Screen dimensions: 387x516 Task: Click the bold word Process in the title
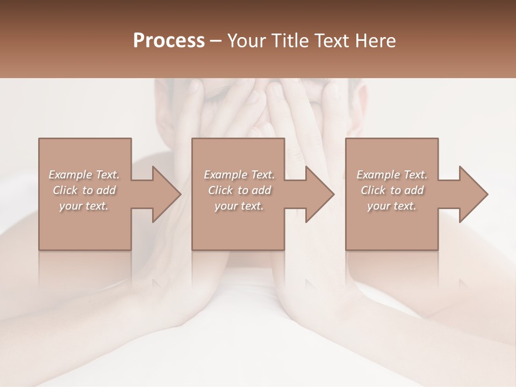point(169,41)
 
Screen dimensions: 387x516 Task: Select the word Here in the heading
point(374,41)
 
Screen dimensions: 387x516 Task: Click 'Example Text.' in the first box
point(84,175)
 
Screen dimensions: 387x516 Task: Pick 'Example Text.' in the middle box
point(239,175)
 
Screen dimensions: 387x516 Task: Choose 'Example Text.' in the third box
point(392,175)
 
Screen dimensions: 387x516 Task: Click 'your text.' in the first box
point(84,206)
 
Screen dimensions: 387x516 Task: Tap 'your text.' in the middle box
point(239,206)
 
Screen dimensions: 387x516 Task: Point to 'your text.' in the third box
point(392,206)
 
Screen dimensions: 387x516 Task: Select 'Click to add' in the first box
point(84,190)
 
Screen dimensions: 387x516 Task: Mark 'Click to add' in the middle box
point(239,190)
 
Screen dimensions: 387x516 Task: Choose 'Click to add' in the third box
point(392,190)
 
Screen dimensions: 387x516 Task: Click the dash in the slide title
point(216,41)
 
